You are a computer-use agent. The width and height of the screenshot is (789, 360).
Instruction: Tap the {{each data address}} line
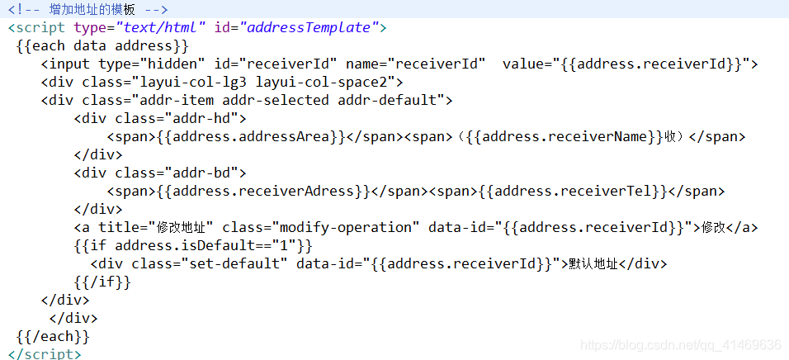click(102, 45)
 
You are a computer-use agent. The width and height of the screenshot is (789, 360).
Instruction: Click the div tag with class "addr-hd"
click(160, 118)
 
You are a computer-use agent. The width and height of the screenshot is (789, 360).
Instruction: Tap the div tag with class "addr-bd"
click(160, 173)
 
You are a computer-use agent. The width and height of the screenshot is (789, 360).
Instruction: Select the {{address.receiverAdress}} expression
click(257, 191)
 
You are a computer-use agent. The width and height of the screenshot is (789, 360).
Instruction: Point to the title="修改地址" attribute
click(156, 227)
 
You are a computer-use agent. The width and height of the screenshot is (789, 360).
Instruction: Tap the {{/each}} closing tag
click(53, 336)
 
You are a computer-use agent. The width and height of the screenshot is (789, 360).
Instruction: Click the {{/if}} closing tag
click(102, 282)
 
